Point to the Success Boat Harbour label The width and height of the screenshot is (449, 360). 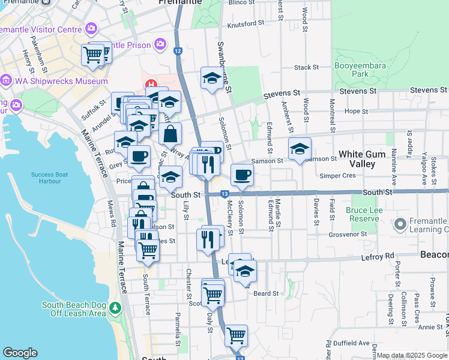click(x=46, y=178)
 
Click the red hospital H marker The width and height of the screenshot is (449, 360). click(x=152, y=83)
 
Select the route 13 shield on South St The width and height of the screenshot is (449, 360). click(x=224, y=194)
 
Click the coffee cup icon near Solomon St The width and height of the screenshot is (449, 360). click(x=242, y=175)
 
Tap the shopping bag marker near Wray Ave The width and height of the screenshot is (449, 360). click(x=170, y=133)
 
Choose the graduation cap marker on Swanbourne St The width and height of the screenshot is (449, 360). click(x=211, y=79)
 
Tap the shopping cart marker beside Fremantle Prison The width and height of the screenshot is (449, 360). click(x=93, y=55)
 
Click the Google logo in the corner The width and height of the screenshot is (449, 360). click(x=20, y=353)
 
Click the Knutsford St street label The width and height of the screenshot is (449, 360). click(x=246, y=25)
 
